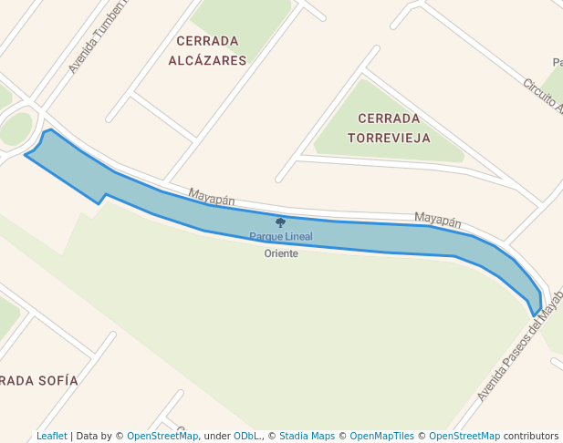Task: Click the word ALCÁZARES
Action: pos(208,60)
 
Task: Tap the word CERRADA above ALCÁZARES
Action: pos(208,41)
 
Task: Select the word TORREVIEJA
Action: pos(389,138)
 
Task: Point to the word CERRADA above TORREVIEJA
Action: pos(389,118)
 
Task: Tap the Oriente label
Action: pos(281,253)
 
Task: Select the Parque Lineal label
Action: pos(281,237)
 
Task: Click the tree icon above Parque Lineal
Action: pos(280,222)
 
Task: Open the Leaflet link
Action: pos(52,436)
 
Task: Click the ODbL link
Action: pos(246,436)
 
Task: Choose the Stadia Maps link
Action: pos(307,436)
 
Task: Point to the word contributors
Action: pos(531,436)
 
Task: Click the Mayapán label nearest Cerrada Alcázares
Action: pos(212,196)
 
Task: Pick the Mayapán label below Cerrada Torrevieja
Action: pos(437,219)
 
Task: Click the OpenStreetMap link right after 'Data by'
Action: pos(162,436)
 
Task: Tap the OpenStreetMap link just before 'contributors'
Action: pos(464,436)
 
